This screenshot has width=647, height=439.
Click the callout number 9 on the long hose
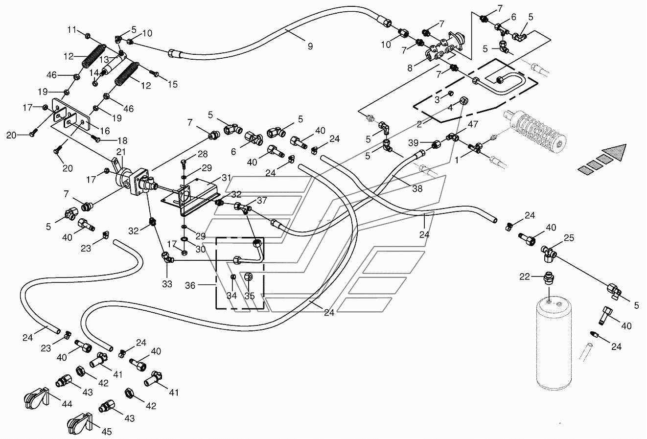(x=310, y=46)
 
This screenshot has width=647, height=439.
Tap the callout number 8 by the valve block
(x=410, y=68)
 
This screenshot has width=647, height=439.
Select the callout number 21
(x=121, y=152)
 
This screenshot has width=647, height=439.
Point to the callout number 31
(x=227, y=178)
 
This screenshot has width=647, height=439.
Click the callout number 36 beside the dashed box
(x=190, y=285)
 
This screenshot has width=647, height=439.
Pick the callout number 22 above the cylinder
(x=525, y=277)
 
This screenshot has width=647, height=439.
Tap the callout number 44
(x=67, y=403)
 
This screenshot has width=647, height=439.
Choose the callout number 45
(x=107, y=432)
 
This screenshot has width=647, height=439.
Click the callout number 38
(x=417, y=188)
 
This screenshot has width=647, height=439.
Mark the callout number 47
(x=473, y=124)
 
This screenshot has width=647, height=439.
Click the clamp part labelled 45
(x=80, y=424)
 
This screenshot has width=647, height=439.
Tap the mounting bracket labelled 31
(x=191, y=199)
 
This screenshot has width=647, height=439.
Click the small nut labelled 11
(x=87, y=36)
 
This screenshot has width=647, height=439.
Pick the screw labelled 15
(x=154, y=73)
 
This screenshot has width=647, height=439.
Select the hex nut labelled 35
(x=249, y=277)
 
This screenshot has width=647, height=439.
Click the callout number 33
(x=167, y=284)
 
